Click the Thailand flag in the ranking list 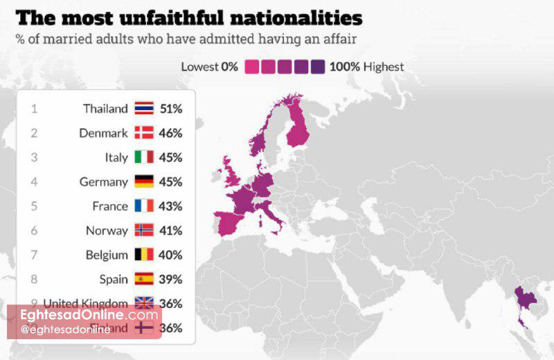[x=144, y=109]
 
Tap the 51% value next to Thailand [x=170, y=109]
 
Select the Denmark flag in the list [x=144, y=133]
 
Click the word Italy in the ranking [x=116, y=157]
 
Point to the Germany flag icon [x=144, y=181]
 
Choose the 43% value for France [x=170, y=206]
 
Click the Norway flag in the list [x=144, y=231]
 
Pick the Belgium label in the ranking [x=107, y=255]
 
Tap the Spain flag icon [x=144, y=279]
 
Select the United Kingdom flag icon [x=144, y=303]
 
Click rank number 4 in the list [x=34, y=181]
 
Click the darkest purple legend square [x=318, y=67]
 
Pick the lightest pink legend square [x=251, y=67]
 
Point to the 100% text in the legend [x=344, y=67]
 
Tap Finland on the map [x=298, y=128]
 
